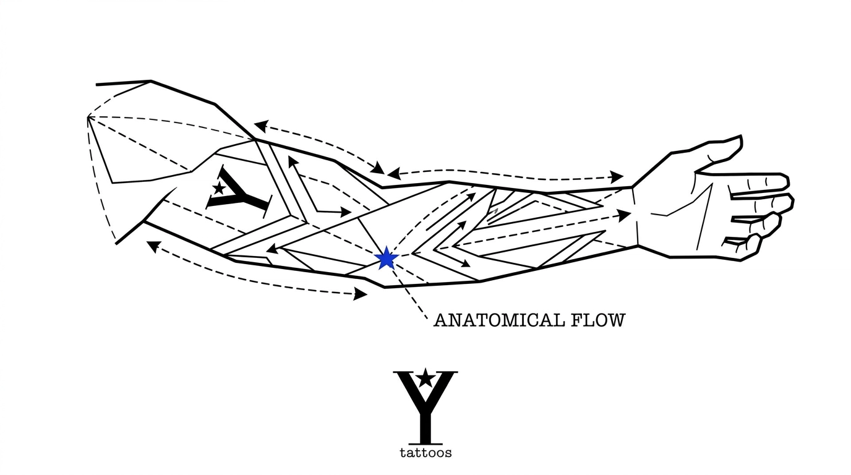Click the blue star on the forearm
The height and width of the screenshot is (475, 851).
pos(386,258)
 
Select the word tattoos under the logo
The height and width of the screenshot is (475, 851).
pos(425,453)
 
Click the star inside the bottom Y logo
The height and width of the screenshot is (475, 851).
pos(424,377)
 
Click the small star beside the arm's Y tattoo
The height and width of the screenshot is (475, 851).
pos(218,187)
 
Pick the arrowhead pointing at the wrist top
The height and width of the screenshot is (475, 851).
pos(616,177)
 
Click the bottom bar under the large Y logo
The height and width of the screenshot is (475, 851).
pos(424,443)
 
